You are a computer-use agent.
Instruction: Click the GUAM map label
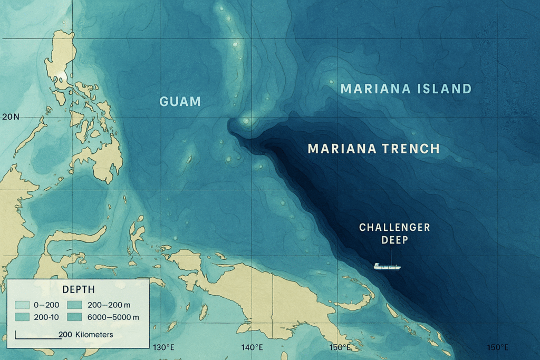pos(180,101)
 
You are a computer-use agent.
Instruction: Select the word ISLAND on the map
pos(446,89)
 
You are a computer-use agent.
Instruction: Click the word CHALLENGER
pos(394,228)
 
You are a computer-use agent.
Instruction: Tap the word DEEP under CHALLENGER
pos(394,240)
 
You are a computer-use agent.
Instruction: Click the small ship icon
pos(387,266)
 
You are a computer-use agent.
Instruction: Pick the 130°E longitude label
pos(163,347)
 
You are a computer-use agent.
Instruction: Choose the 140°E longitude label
pos(252,347)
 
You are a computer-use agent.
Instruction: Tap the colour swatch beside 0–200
pos(23,304)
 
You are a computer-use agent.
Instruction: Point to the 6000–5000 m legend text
pos(114,317)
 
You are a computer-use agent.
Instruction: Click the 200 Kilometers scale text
pos(85,335)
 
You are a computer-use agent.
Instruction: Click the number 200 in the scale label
pos(65,335)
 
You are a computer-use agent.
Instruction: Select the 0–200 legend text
pos(47,304)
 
